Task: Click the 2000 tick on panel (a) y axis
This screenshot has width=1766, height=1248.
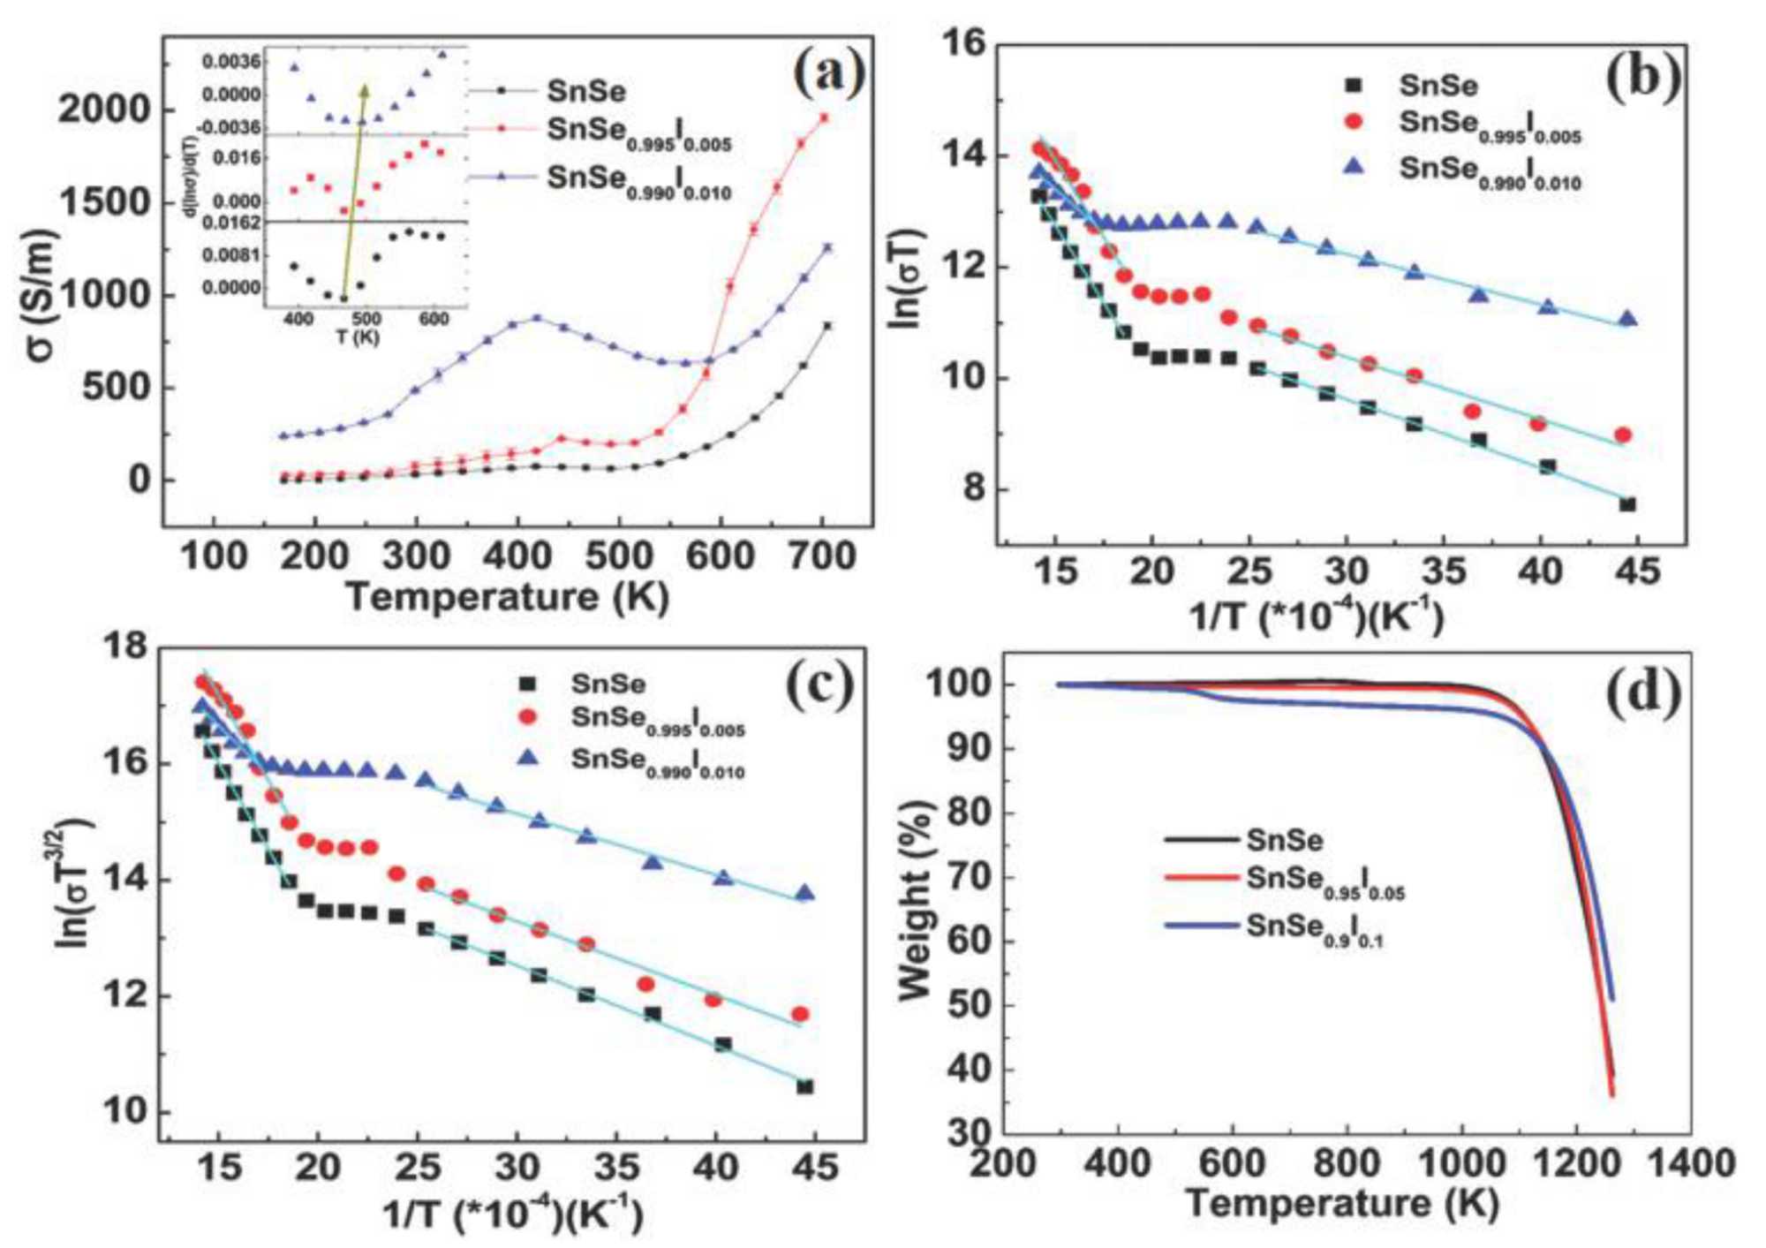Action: click(x=104, y=110)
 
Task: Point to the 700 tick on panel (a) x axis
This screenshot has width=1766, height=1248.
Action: click(x=821, y=557)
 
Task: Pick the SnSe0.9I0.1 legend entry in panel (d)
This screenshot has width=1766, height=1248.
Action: click(x=1314, y=930)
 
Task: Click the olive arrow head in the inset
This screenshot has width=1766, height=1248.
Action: click(x=364, y=91)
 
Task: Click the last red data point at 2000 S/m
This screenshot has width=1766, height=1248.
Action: click(x=823, y=117)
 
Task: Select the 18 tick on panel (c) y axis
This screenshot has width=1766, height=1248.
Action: click(x=127, y=648)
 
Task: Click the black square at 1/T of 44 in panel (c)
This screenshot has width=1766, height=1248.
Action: click(x=804, y=1086)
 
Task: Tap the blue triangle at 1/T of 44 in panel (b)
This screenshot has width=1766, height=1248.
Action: click(x=1627, y=319)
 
